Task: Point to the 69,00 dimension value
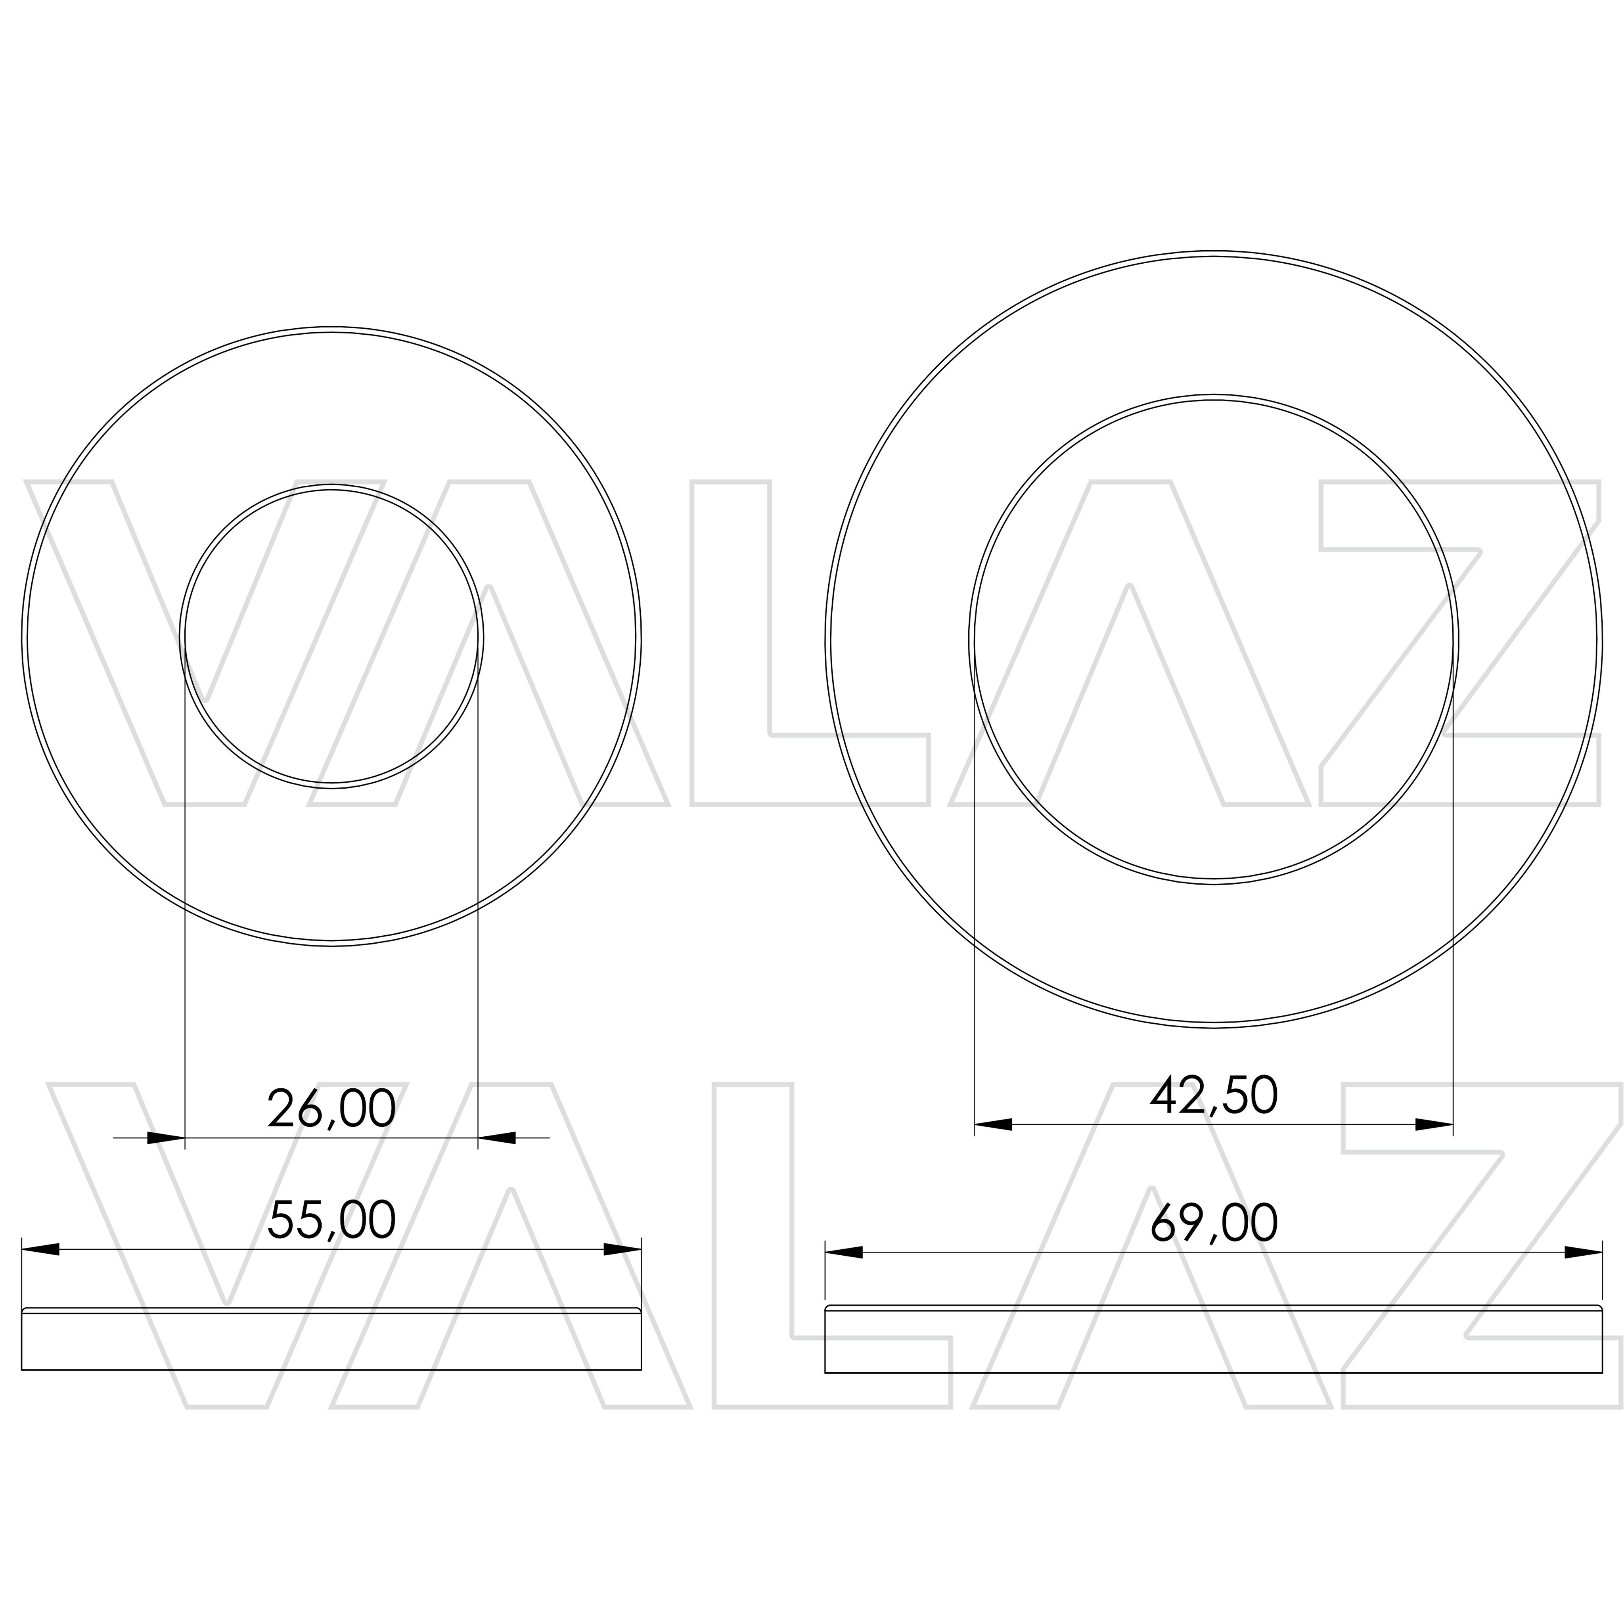1214,1224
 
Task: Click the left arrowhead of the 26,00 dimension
166,1138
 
